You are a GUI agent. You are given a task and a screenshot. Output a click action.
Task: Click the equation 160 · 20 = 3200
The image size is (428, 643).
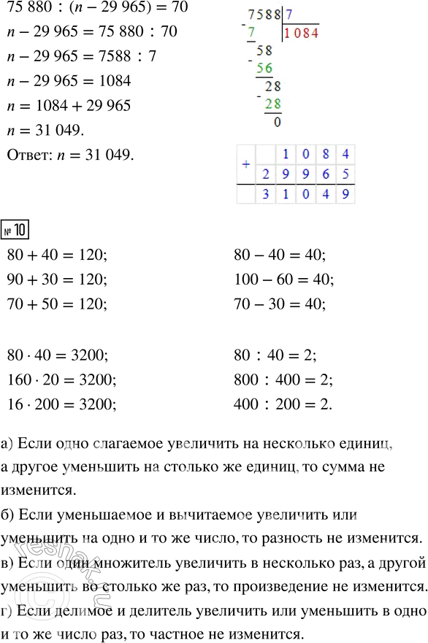(61, 379)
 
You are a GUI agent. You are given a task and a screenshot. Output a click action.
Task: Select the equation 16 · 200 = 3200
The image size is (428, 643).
(61, 403)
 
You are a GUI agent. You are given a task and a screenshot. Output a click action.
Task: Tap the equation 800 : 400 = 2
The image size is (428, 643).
(283, 379)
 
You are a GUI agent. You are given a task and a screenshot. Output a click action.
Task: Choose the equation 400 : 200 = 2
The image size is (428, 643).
(283, 403)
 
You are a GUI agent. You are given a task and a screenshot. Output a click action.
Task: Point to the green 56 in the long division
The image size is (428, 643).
(264, 68)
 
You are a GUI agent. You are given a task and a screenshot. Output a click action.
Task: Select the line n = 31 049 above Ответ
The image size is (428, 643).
(45, 129)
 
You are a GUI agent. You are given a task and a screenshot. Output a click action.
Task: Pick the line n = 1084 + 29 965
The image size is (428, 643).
(67, 106)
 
